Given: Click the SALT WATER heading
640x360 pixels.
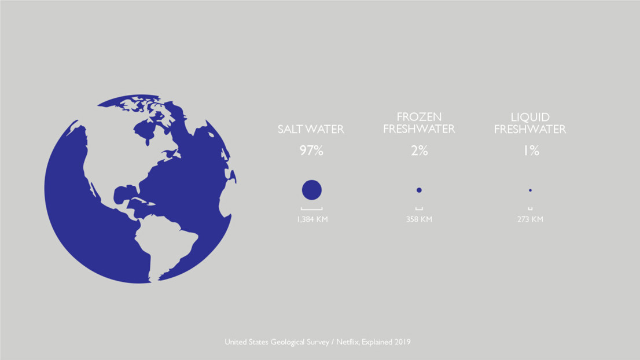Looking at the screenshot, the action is pos(311,129).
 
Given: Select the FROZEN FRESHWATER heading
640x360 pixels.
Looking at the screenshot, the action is pos(419,123).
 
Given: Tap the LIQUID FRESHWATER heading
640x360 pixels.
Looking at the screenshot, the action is pos(530,123).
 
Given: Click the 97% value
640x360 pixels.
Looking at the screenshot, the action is pos(311,150).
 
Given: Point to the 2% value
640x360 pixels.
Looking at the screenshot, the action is pos(420,150).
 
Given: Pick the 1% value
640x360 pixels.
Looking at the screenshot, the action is pos(531,150).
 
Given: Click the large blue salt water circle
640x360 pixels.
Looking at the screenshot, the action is pos(312,190).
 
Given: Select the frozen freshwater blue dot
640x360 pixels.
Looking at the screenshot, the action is pos(419,190).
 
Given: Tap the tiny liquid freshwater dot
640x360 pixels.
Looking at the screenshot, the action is pos(530,190).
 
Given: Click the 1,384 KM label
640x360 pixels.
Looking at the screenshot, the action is pos(312,219).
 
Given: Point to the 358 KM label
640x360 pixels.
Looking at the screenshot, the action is pos(419,219).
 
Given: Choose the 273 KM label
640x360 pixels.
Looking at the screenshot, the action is pos(530,219).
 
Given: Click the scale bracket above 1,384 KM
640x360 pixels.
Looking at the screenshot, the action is pos(312,210).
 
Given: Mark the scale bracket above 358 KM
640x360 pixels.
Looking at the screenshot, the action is pos(419,210).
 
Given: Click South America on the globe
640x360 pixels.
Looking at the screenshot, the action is pos(163,245).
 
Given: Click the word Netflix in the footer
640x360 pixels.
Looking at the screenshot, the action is pos(347,342).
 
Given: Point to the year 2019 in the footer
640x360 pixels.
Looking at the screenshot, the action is pos(402,342).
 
